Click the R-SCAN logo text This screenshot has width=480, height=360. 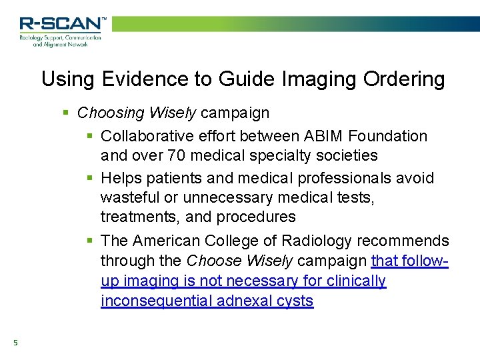(61, 24)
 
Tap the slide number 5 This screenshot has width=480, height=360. (15, 343)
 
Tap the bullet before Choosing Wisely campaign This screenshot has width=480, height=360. (66, 113)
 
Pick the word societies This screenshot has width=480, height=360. (346, 155)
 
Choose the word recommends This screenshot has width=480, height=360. (403, 241)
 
